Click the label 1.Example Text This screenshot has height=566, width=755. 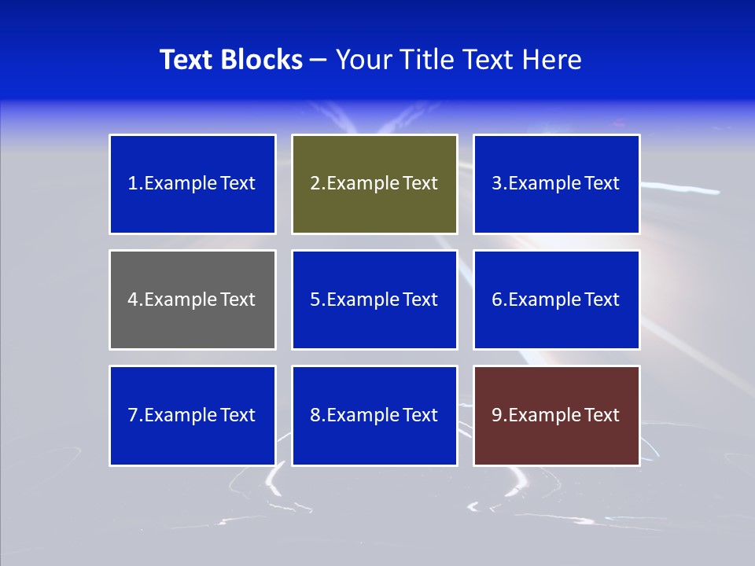pos(192,183)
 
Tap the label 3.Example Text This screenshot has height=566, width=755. pos(556,183)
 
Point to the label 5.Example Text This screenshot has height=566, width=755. pos(374,300)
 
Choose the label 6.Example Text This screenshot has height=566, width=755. pos(556,300)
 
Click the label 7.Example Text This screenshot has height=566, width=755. pos(192,415)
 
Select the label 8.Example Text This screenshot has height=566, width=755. pos(374,415)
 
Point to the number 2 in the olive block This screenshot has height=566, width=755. pos(315,183)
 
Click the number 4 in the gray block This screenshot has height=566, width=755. pos(133,300)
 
